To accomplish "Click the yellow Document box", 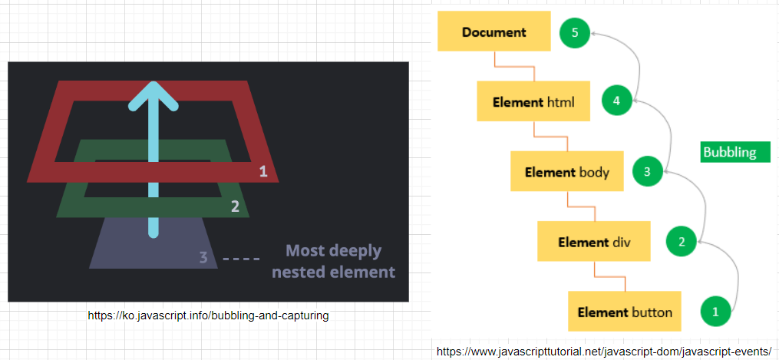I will [x=493, y=32].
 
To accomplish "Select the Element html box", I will [x=533, y=101].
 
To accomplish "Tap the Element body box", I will [x=567, y=171].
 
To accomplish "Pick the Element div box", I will [x=594, y=242].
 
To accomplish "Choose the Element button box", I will [x=625, y=312].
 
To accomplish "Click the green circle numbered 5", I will [x=574, y=33].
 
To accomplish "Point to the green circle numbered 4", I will [x=616, y=100].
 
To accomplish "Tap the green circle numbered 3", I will [x=647, y=172].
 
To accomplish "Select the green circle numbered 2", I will [x=681, y=243].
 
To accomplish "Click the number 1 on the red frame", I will [x=263, y=171].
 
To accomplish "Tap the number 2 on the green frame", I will [x=236, y=206].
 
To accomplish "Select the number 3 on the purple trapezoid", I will [x=203, y=257].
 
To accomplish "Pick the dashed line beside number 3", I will [x=241, y=259].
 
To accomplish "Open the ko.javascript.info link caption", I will [x=208, y=315].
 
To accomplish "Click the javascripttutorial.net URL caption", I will [x=603, y=352].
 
